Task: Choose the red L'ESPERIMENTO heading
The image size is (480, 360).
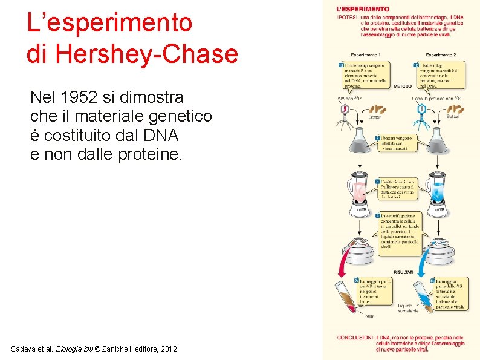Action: pyautogui.click(x=363, y=9)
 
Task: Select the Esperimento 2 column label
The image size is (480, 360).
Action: pyautogui.click(x=441, y=55)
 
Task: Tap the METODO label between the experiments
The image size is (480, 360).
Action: pyautogui.click(x=403, y=86)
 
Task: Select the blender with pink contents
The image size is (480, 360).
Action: pyautogui.click(x=359, y=195)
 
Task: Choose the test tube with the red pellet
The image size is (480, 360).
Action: pyautogui.click(x=349, y=296)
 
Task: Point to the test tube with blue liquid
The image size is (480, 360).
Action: pyautogui.click(x=424, y=294)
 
